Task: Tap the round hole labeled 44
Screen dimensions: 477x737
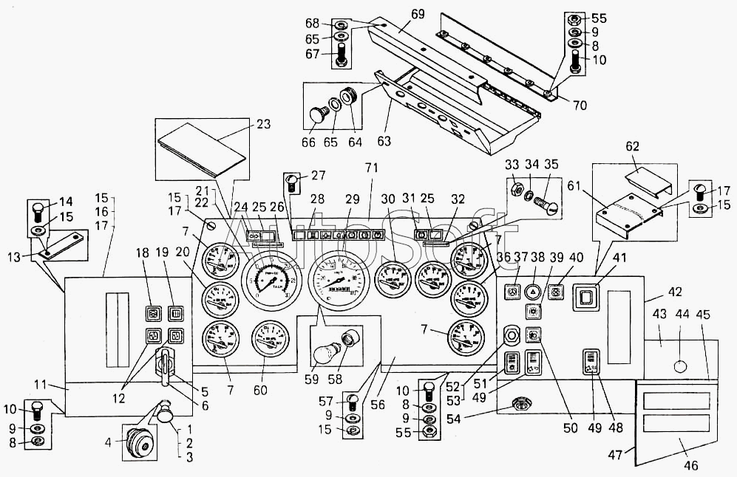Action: pos(681,366)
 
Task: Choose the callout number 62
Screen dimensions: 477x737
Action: pos(633,147)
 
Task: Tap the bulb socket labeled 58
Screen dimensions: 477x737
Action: pos(349,342)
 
